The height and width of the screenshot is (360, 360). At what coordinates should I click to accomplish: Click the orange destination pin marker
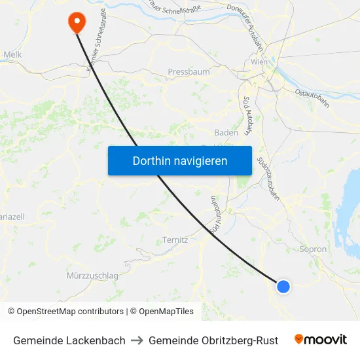(77, 22)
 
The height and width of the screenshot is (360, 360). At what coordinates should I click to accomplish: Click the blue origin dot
(283, 286)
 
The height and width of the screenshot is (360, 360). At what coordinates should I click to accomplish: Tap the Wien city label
(259, 62)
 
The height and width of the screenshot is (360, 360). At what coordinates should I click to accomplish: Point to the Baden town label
(226, 132)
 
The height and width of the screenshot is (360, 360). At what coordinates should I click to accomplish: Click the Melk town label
(12, 55)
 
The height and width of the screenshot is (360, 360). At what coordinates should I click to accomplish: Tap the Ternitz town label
(175, 240)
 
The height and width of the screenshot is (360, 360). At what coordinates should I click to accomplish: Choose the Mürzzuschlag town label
(92, 276)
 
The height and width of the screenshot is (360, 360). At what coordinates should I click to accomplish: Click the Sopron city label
(312, 249)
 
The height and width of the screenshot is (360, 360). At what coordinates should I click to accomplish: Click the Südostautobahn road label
(270, 177)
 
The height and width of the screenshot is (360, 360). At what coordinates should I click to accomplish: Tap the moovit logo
(321, 340)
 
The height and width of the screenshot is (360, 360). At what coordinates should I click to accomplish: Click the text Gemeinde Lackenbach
(69, 340)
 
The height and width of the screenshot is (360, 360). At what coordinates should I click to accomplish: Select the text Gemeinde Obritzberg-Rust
(213, 340)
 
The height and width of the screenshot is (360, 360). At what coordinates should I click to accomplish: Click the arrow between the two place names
(137, 340)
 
